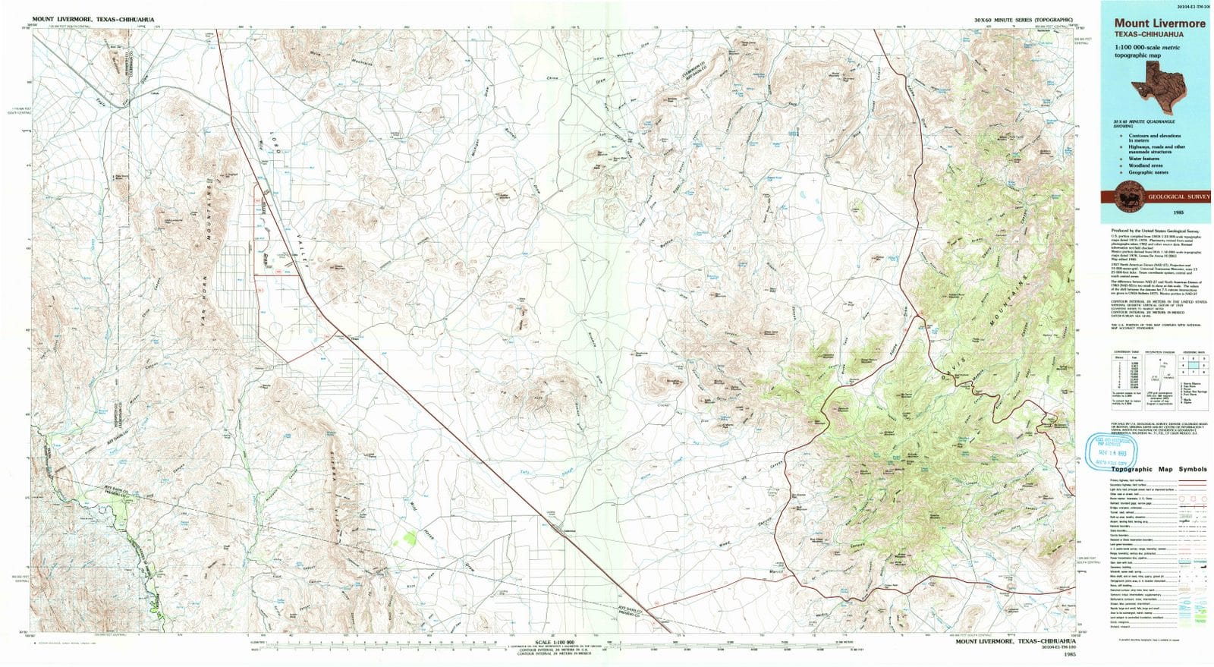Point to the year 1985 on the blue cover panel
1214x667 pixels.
point(1156,214)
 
